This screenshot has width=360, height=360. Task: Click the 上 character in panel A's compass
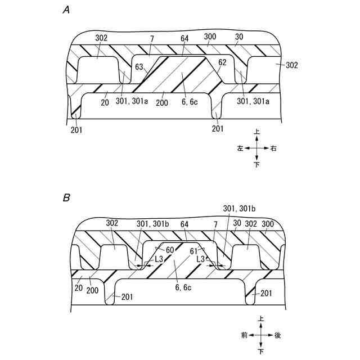pos(256,132)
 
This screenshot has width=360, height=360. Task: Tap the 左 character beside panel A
pos(240,148)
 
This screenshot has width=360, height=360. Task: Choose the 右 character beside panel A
pos(273,148)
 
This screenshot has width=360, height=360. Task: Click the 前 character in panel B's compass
pos(244,335)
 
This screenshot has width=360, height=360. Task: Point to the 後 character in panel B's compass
pos(277,335)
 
